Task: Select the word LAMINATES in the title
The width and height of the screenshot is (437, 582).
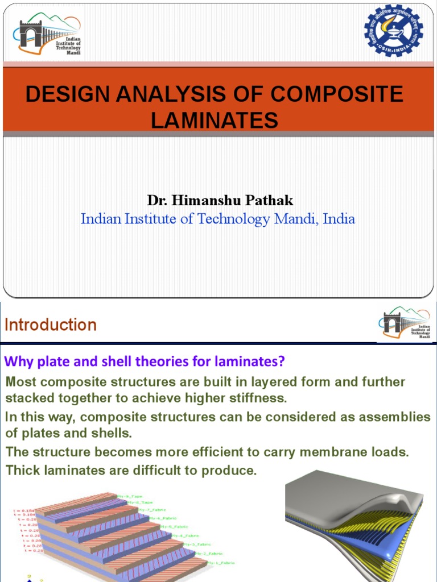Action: tap(215, 120)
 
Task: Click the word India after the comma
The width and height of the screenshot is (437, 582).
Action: tap(339, 219)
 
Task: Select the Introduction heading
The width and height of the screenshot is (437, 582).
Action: tap(51, 325)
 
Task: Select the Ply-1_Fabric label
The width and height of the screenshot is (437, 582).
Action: tap(221, 563)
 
